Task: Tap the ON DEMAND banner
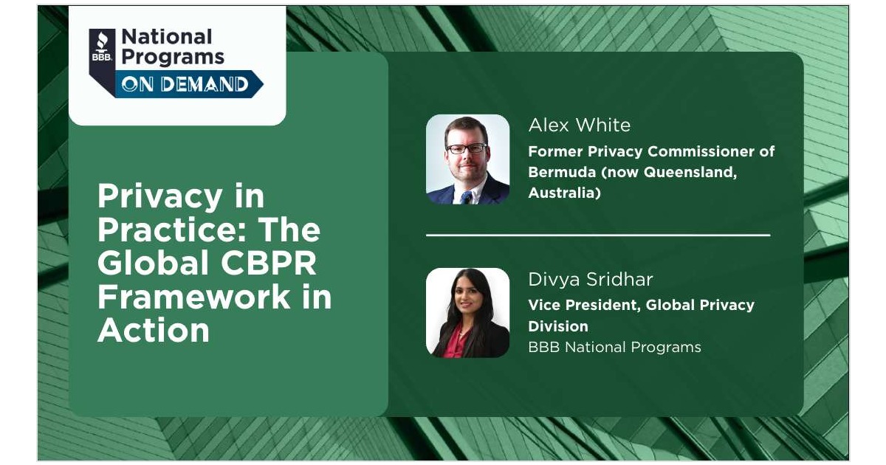[185, 84]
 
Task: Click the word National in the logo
[166, 37]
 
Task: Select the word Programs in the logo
[172, 58]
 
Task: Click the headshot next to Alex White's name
[467, 159]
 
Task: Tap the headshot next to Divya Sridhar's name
[467, 313]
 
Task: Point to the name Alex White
[579, 125]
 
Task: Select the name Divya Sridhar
[590, 280]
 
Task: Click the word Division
[557, 325]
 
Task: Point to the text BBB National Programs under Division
[614, 347]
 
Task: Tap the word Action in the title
[153, 331]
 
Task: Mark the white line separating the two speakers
[598, 235]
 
